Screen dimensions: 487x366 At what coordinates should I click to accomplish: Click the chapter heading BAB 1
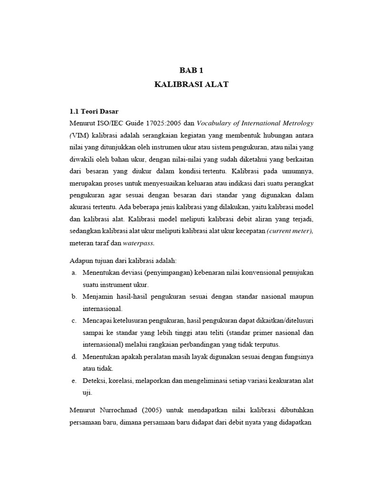191,70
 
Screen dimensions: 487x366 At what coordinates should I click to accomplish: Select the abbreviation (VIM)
80,136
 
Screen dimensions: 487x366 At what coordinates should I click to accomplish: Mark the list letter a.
74,273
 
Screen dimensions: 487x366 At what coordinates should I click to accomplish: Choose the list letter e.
74,380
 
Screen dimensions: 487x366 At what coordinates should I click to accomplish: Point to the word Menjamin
98,296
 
